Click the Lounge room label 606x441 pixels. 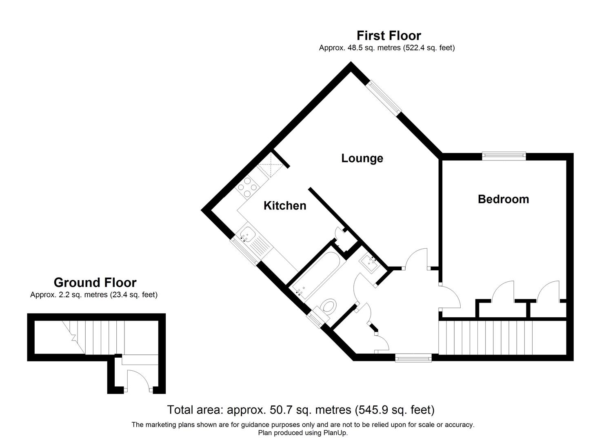(x=362, y=158)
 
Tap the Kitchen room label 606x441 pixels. (x=285, y=206)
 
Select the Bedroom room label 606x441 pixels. (x=503, y=199)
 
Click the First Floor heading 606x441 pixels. (x=388, y=36)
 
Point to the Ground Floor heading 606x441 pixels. (x=95, y=283)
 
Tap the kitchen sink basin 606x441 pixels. (x=247, y=235)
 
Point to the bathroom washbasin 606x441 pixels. (x=371, y=263)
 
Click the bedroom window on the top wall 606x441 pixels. (x=504, y=155)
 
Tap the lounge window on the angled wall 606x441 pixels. (x=384, y=96)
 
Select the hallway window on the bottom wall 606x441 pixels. (x=413, y=358)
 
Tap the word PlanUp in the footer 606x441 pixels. (x=335, y=433)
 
